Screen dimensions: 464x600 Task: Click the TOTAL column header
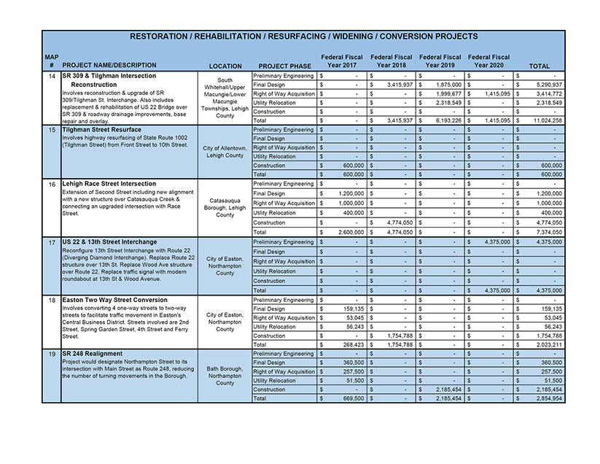pyautogui.click(x=539, y=66)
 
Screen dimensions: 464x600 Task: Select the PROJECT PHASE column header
pyautogui.click(x=284, y=66)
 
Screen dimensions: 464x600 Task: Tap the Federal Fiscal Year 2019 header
pyautogui.click(x=440, y=61)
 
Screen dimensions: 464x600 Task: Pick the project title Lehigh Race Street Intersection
pyautogui.click(x=109, y=184)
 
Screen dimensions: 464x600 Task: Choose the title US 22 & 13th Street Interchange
pyautogui.click(x=109, y=241)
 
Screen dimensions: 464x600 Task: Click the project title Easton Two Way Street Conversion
pyautogui.click(x=114, y=300)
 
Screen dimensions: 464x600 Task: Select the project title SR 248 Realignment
pyautogui.click(x=92, y=354)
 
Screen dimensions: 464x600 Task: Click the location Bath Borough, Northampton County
pyautogui.click(x=225, y=375)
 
